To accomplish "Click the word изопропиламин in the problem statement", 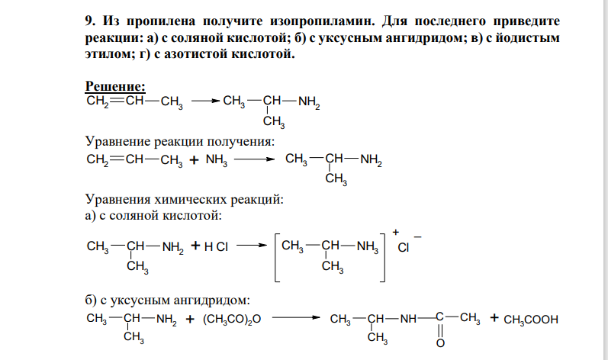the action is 323,21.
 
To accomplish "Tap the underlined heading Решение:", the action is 115,86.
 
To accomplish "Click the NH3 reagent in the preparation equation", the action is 217,160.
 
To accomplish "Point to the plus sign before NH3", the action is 195,159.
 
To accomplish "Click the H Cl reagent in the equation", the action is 216,246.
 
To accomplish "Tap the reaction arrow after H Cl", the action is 252,246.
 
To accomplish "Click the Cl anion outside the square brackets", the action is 404,248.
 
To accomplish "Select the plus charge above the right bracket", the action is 395,232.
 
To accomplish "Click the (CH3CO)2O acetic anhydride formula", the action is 232,320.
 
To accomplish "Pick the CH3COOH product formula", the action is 531,320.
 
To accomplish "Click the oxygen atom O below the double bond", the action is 440,343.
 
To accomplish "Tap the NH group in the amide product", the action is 408,319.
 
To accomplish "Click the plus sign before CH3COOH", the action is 494,318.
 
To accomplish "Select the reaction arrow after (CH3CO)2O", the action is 296,318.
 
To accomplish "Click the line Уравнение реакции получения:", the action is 180,141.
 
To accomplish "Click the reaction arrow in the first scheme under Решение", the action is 205,101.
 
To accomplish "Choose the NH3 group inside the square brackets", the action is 367,246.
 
